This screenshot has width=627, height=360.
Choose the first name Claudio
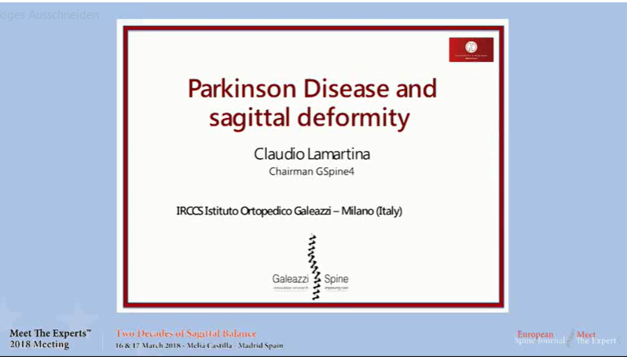276,152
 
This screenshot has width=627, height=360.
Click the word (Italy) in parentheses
388,211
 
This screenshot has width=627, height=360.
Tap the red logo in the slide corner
471,50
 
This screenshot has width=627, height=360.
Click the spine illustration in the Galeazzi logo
314,266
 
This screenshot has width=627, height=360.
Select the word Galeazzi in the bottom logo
290,279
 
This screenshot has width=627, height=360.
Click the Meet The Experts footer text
50,333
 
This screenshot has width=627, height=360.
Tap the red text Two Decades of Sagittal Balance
186,333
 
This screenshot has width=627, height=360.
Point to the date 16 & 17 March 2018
148,346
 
